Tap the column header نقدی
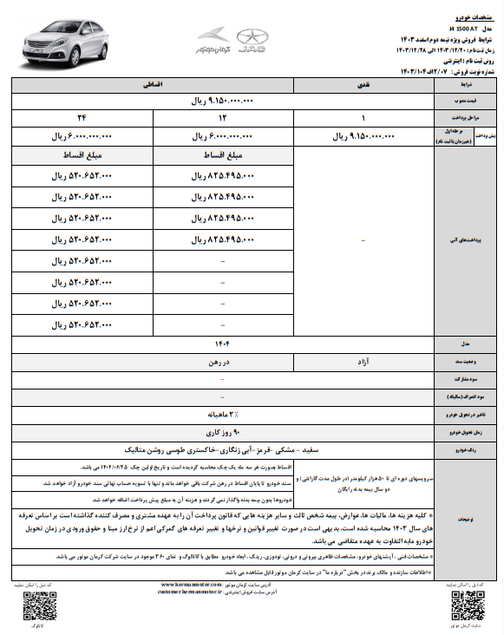pyautogui.click(x=363, y=87)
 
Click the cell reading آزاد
pyautogui.click(x=363, y=359)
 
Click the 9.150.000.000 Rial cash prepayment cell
pyautogui.click(x=363, y=136)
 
